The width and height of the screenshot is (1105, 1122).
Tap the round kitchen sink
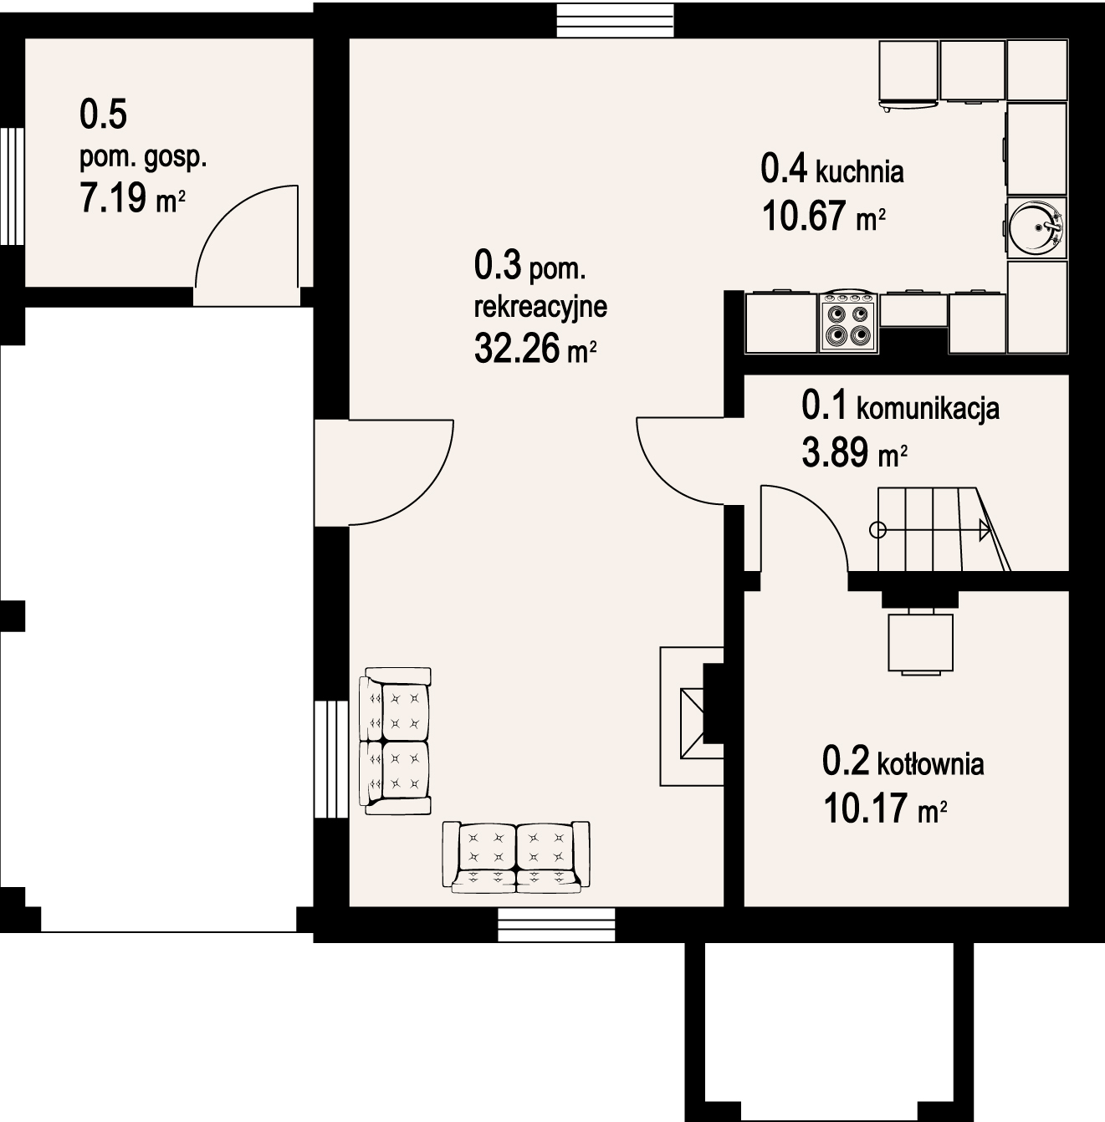pyautogui.click(x=1036, y=225)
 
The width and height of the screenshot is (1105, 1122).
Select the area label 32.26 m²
pyautogui.click(x=535, y=349)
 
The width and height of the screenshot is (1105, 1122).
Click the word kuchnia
pyautogui.click(x=859, y=172)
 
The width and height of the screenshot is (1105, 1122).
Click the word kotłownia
pyautogui.click(x=930, y=763)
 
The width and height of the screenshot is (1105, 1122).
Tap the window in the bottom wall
pyautogui.click(x=556, y=925)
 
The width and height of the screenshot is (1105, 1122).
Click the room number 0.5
pyautogui.click(x=103, y=115)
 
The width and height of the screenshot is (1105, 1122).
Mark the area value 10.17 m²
pyautogui.click(x=885, y=808)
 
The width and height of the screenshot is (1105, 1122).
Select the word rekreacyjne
pyautogui.click(x=540, y=307)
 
